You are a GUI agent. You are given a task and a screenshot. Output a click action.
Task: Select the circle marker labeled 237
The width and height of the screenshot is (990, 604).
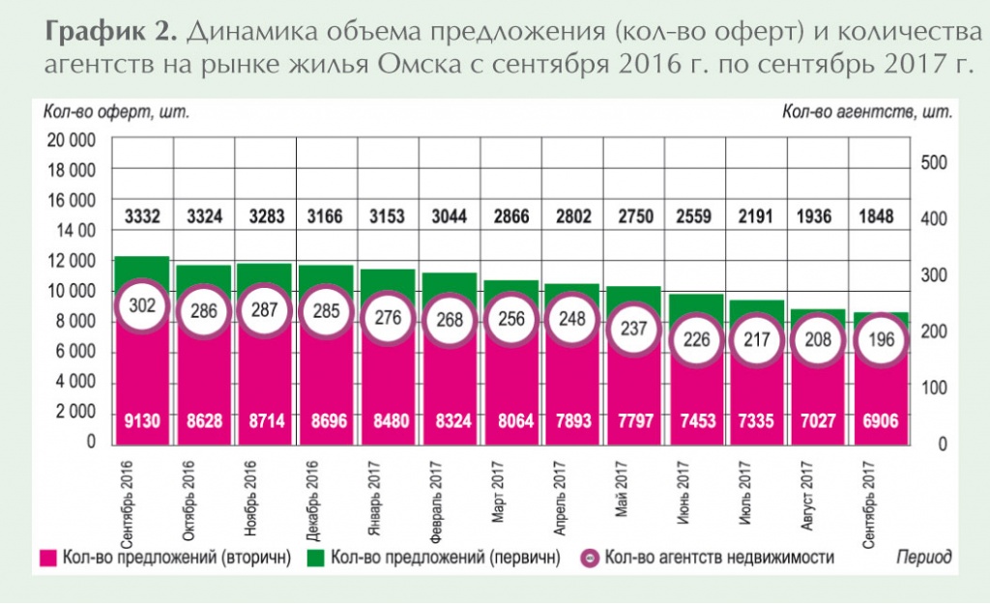[635, 329]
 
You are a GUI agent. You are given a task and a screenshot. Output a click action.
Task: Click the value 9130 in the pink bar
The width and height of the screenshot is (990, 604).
[143, 421]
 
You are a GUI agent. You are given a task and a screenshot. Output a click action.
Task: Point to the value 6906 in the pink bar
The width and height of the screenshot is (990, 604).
[881, 421]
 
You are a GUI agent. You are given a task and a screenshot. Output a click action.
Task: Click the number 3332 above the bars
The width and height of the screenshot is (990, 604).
[143, 216]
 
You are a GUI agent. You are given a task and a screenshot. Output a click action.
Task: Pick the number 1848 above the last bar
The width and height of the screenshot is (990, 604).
[881, 216]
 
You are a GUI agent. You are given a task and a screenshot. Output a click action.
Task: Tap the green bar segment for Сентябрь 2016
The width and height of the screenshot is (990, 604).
[143, 271]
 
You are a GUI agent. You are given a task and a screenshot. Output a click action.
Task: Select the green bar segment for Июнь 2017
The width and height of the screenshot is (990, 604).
[696, 304]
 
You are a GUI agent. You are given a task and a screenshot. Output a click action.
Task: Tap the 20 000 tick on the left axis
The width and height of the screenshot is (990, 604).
[71, 140]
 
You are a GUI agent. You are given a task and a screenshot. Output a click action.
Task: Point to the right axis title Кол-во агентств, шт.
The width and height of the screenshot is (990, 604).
[866, 111]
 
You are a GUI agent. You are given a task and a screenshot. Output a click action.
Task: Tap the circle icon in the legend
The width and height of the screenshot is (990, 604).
[587, 558]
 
